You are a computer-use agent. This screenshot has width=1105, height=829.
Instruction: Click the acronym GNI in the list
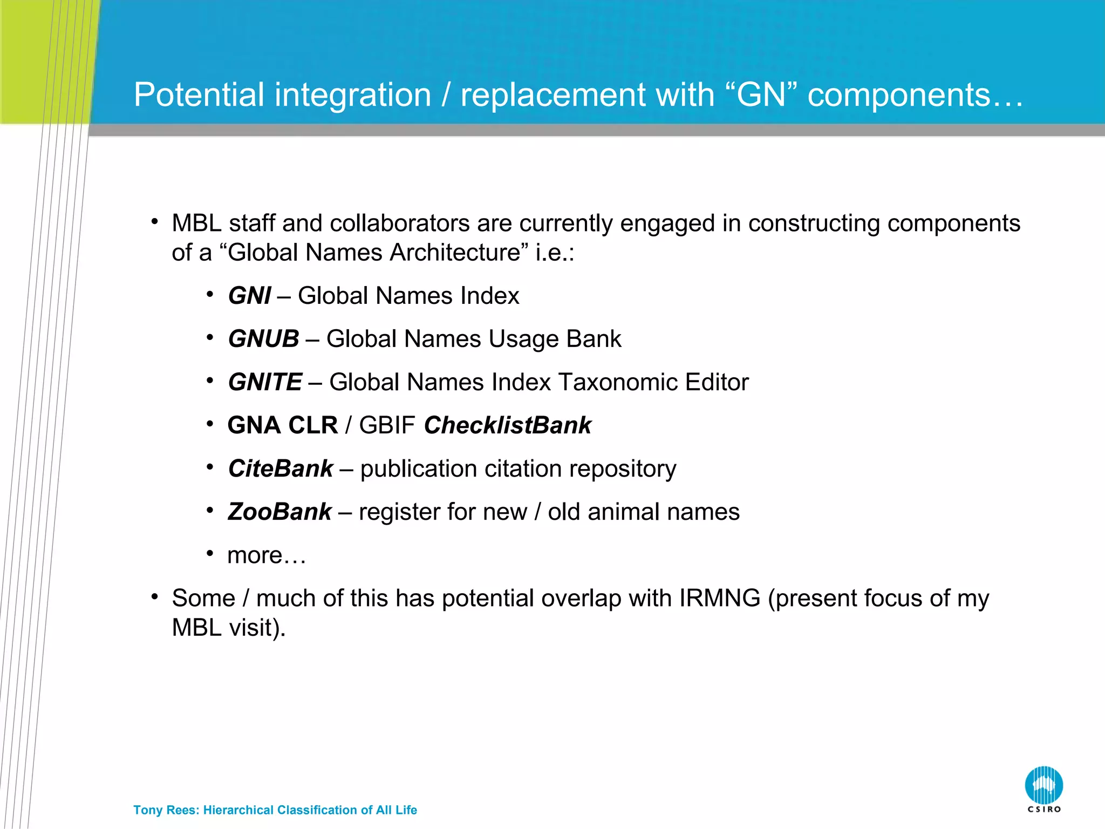click(x=249, y=296)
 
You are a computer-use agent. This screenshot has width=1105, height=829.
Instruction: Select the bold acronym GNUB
click(x=263, y=339)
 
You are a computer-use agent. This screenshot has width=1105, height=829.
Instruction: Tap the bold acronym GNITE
click(x=265, y=382)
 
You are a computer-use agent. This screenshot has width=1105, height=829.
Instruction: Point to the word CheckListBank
click(x=507, y=425)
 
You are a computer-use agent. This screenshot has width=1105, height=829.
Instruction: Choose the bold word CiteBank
click(x=281, y=468)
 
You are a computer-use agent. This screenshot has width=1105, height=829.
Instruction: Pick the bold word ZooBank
click(x=279, y=512)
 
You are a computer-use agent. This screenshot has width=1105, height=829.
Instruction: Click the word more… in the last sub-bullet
click(x=267, y=555)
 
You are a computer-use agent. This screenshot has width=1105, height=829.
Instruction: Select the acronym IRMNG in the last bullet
click(x=719, y=598)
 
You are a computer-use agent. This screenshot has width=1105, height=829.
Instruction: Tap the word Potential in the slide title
click(x=199, y=95)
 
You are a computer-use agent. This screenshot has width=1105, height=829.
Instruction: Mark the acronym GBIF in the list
click(x=387, y=425)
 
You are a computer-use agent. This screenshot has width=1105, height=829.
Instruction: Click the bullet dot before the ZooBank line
click(x=210, y=510)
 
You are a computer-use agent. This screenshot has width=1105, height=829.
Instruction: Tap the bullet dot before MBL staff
click(x=155, y=221)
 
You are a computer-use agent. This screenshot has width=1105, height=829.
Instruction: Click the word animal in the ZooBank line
click(x=620, y=512)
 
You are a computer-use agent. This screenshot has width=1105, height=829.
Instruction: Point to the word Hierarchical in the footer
click(x=238, y=810)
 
